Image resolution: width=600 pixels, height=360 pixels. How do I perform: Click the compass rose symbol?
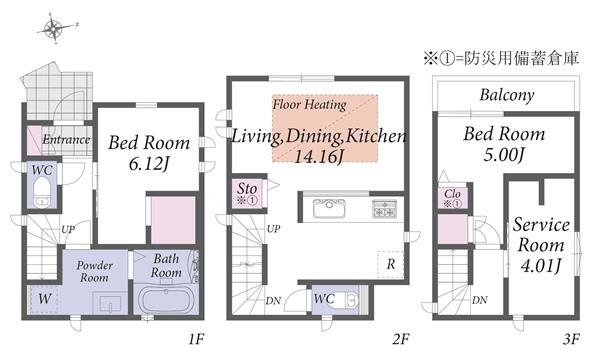55,29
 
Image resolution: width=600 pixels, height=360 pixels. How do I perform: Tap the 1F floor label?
196,339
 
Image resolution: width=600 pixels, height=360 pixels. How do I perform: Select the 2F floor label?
401,339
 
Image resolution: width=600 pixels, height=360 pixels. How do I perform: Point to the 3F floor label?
571,339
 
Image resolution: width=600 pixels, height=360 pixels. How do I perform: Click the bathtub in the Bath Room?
166,300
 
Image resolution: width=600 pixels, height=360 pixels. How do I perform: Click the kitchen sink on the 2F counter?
329,208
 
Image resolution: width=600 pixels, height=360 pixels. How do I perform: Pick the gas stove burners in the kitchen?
385,208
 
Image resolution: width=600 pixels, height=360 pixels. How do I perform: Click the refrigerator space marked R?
390,264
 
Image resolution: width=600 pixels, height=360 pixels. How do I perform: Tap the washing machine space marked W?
44,299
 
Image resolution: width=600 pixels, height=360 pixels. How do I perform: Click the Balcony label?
507,95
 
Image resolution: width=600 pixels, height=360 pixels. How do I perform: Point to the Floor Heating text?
309,104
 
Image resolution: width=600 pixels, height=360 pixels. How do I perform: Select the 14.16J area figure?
319,156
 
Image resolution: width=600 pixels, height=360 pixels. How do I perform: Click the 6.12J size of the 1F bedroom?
149,164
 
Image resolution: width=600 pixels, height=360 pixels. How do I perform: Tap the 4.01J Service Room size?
541,265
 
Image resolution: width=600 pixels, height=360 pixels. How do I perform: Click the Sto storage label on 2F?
247,188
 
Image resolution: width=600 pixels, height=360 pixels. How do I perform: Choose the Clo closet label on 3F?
452,194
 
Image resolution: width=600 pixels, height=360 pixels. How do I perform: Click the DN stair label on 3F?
479,300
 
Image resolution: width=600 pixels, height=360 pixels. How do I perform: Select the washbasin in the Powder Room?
110,303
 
